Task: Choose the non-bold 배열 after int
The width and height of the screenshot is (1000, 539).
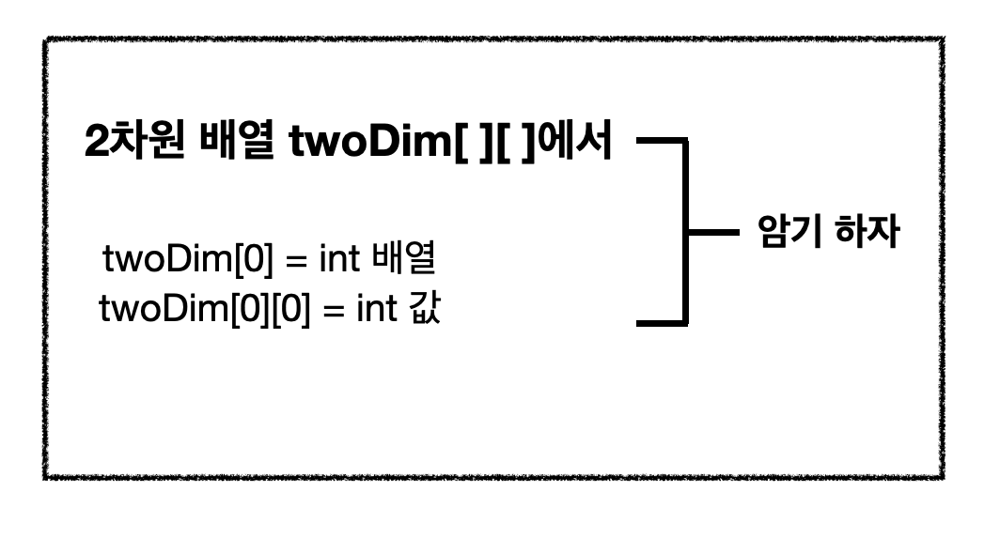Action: point(405,260)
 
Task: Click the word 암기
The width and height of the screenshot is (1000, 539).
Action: point(789,232)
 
